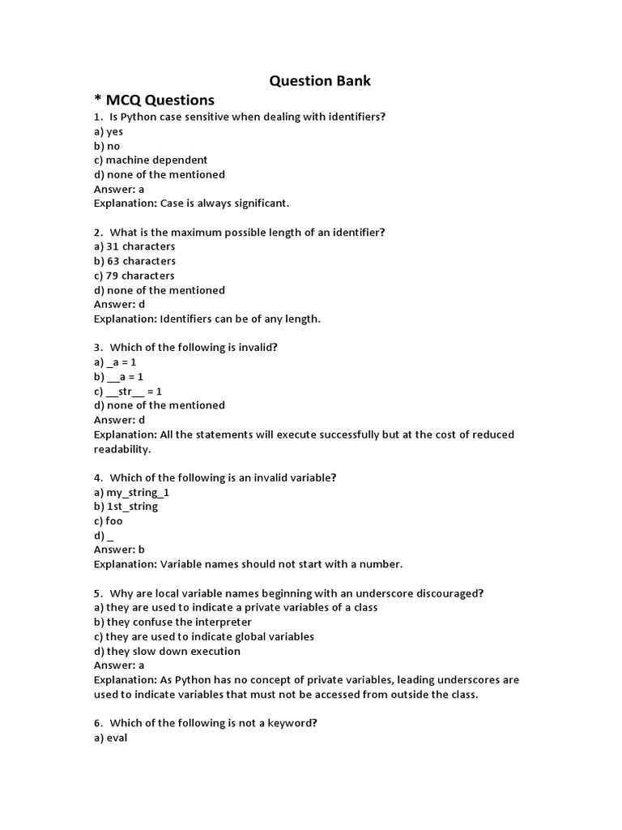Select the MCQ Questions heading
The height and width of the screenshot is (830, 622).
tap(154, 100)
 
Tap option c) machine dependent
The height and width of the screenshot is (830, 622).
tap(151, 160)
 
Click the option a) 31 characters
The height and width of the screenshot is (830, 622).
tap(134, 246)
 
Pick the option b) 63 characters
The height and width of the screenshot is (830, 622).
tap(134, 261)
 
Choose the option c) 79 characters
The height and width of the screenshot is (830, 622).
tap(134, 276)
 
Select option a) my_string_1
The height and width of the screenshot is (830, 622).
tap(132, 492)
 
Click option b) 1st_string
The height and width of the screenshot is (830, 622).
tap(126, 507)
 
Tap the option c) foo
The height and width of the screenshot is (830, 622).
tap(109, 521)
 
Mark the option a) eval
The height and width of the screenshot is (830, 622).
tap(111, 738)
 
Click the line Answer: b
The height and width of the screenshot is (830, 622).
tap(119, 550)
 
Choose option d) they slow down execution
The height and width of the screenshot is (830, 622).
tap(167, 651)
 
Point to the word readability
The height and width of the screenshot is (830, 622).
tap(122, 449)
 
